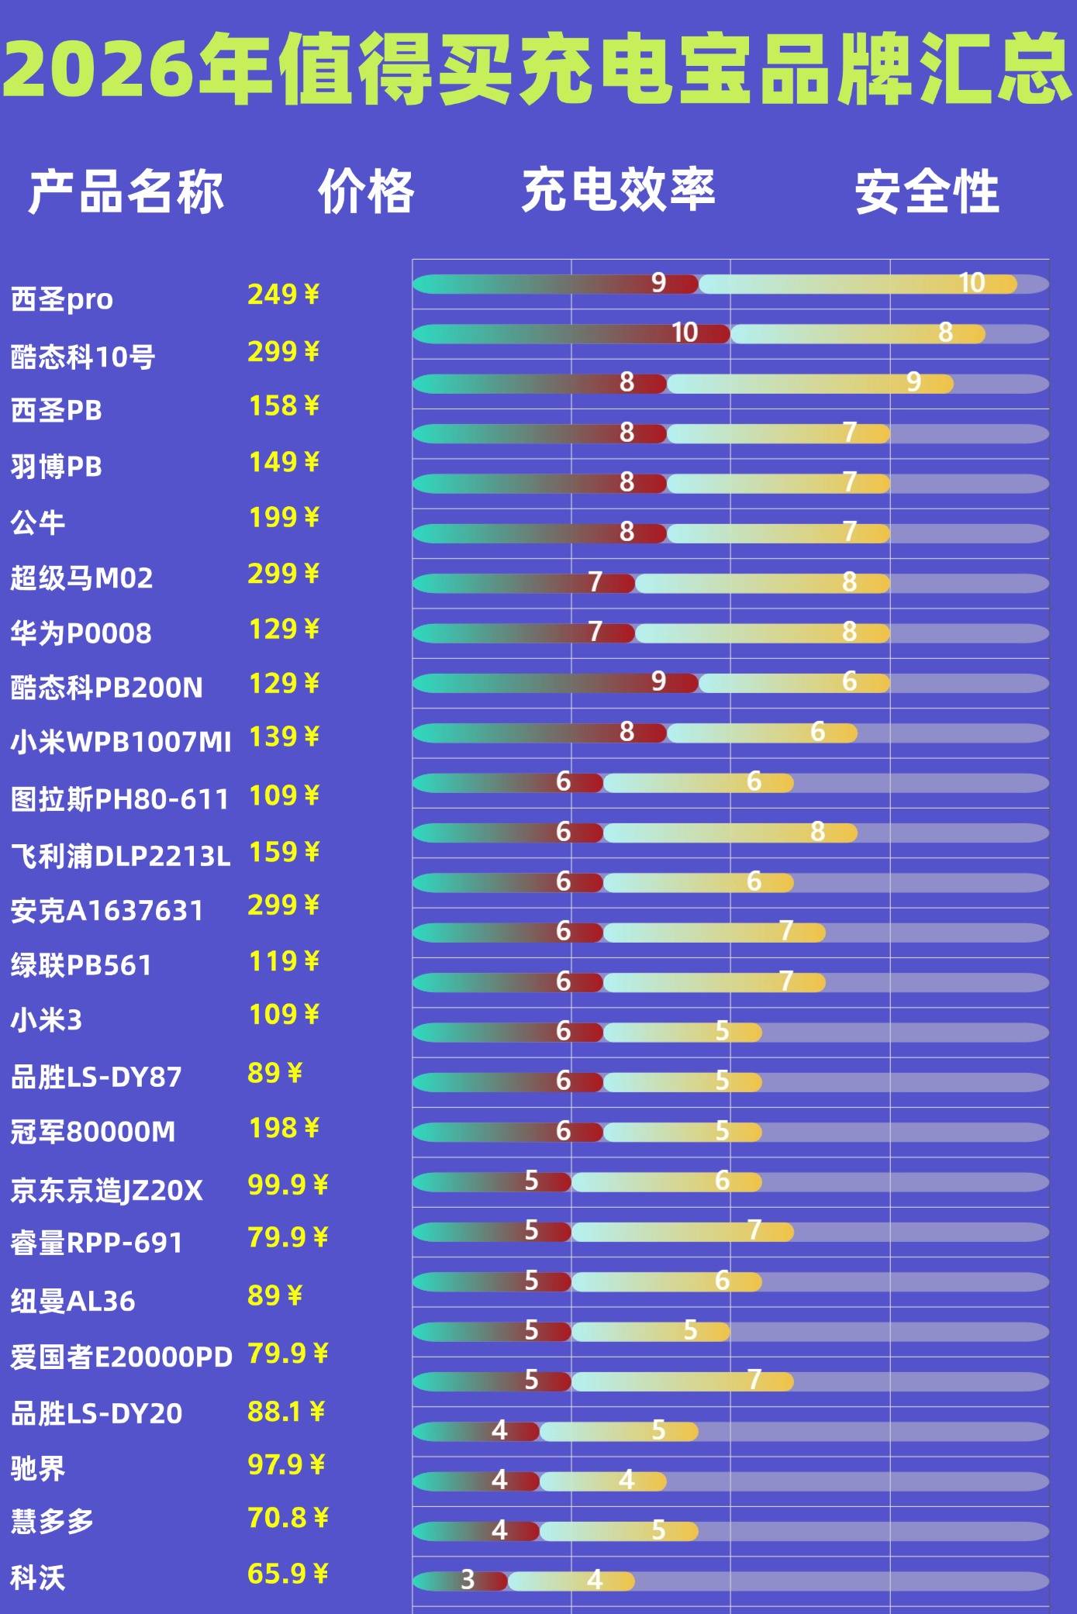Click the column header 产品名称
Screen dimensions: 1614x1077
[x=126, y=191]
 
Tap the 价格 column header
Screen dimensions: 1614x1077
[x=366, y=191]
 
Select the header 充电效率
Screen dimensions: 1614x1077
[x=618, y=190]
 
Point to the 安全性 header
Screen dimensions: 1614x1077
[x=927, y=191]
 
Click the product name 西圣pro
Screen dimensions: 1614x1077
[x=62, y=299]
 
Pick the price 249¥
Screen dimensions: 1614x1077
[x=283, y=295]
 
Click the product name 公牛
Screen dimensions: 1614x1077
[x=37, y=522]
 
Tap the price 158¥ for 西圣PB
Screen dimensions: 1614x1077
[x=283, y=405]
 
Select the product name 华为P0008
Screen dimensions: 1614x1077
[x=81, y=633]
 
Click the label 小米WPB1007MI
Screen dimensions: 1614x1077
[x=121, y=742]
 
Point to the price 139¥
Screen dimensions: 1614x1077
[x=283, y=736]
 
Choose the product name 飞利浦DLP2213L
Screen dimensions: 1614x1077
[x=121, y=856]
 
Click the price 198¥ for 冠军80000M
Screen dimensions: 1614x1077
[x=283, y=1128]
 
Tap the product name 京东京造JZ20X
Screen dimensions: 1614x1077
[x=106, y=1190]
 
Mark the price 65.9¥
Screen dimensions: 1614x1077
[x=288, y=1573]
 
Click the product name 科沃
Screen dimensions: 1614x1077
[x=37, y=1578]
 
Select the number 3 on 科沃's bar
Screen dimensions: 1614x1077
[x=468, y=1579]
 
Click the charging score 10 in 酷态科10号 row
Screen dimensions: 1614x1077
[x=685, y=333]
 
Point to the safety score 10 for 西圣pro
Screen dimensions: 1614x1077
[x=972, y=283]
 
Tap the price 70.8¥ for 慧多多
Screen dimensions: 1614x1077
[x=288, y=1517]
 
